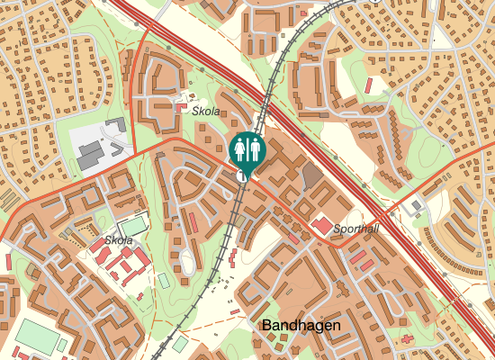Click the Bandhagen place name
pyautogui.click(x=301, y=324)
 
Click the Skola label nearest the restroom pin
pyautogui.click(x=206, y=110)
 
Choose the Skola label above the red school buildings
pyautogui.click(x=119, y=240)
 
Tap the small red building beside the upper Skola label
pyautogui.click(x=182, y=107)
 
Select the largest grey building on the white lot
pyautogui.click(x=91, y=158)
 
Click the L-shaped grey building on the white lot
pyautogui.click(x=115, y=125)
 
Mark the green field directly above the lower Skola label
pyautogui.click(x=133, y=226)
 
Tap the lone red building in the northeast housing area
pyautogui.click(x=369, y=85)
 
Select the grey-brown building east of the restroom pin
pyautogui.click(x=311, y=175)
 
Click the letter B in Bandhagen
pyautogui.click(x=266, y=324)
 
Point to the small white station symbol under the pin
pyautogui.click(x=243, y=178)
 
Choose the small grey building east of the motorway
pyautogui.click(x=416, y=205)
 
